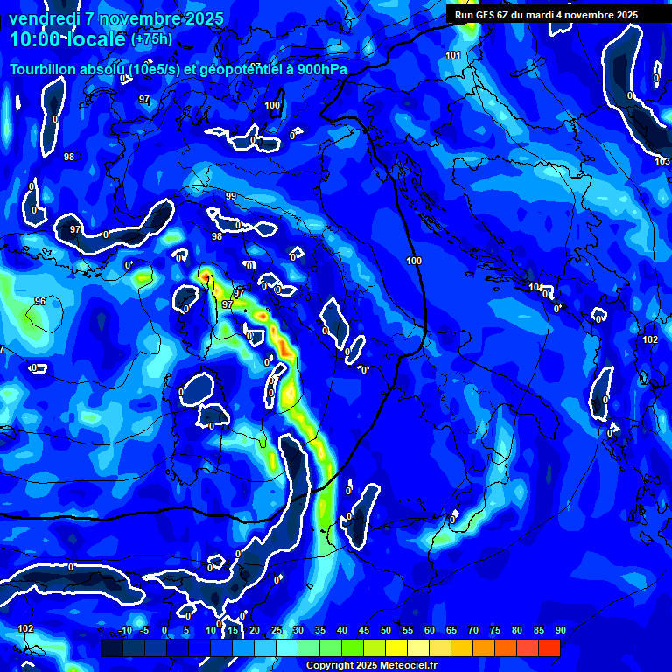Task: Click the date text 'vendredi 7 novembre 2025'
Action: click(x=116, y=18)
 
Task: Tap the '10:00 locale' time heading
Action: click(x=68, y=39)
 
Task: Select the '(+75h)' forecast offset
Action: click(x=152, y=39)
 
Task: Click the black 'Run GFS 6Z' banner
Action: click(x=546, y=15)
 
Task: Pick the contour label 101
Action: click(x=452, y=56)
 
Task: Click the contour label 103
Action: click(x=661, y=161)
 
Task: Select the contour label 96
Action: click(x=40, y=301)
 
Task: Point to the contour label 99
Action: click(x=231, y=196)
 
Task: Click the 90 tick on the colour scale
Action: click(x=560, y=630)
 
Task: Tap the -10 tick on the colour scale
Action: click(x=125, y=630)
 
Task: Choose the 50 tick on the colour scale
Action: click(x=386, y=630)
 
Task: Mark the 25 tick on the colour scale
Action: click(x=276, y=630)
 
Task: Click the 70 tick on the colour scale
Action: click(x=473, y=630)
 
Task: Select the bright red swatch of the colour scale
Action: click(x=549, y=647)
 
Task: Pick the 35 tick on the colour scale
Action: click(x=320, y=630)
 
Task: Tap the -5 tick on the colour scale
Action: click(x=144, y=630)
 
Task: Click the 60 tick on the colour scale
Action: click(x=430, y=630)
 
